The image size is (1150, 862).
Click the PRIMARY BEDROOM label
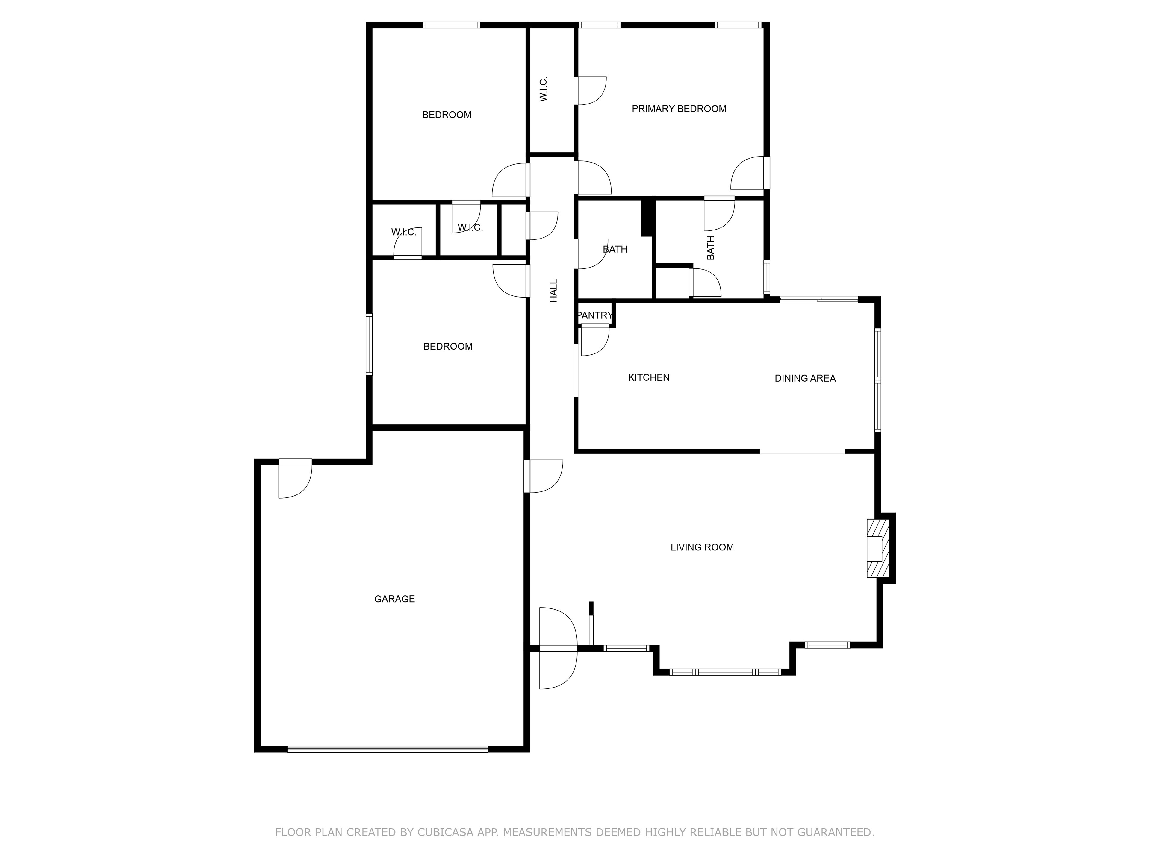click(679, 109)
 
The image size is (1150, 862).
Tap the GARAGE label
click(395, 599)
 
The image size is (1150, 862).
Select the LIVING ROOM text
click(702, 547)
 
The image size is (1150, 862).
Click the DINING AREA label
click(805, 378)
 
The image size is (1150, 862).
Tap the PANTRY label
click(595, 315)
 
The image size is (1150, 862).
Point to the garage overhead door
click(388, 749)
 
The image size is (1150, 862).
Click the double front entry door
click(558, 648)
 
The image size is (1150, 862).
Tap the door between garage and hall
click(544, 476)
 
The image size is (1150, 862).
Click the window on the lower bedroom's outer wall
click(369, 344)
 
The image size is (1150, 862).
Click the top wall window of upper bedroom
click(451, 25)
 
